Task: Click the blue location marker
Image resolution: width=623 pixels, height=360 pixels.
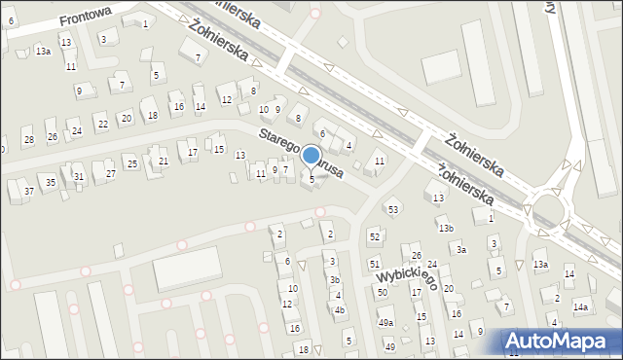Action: (x=311, y=156)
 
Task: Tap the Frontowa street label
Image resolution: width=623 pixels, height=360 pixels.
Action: (x=86, y=17)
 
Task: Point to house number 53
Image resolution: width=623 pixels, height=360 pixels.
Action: (x=393, y=209)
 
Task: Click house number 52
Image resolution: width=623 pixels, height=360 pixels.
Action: (x=374, y=237)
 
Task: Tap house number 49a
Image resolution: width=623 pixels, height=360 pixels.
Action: (x=385, y=322)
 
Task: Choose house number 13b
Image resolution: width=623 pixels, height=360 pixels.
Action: (x=446, y=228)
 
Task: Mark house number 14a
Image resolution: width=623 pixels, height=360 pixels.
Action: (x=581, y=307)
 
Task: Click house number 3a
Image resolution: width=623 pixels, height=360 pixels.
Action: (x=462, y=250)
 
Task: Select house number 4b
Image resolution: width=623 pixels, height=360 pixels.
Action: (x=340, y=310)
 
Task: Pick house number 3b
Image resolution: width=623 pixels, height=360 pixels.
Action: (x=334, y=279)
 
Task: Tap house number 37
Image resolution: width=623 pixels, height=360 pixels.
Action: (x=29, y=191)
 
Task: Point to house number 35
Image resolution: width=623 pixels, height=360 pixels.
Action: (x=51, y=182)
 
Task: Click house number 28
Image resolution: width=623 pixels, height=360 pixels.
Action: (x=29, y=140)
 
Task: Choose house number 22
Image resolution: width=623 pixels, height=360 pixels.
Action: (x=102, y=125)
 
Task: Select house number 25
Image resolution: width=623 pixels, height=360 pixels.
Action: (x=131, y=163)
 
